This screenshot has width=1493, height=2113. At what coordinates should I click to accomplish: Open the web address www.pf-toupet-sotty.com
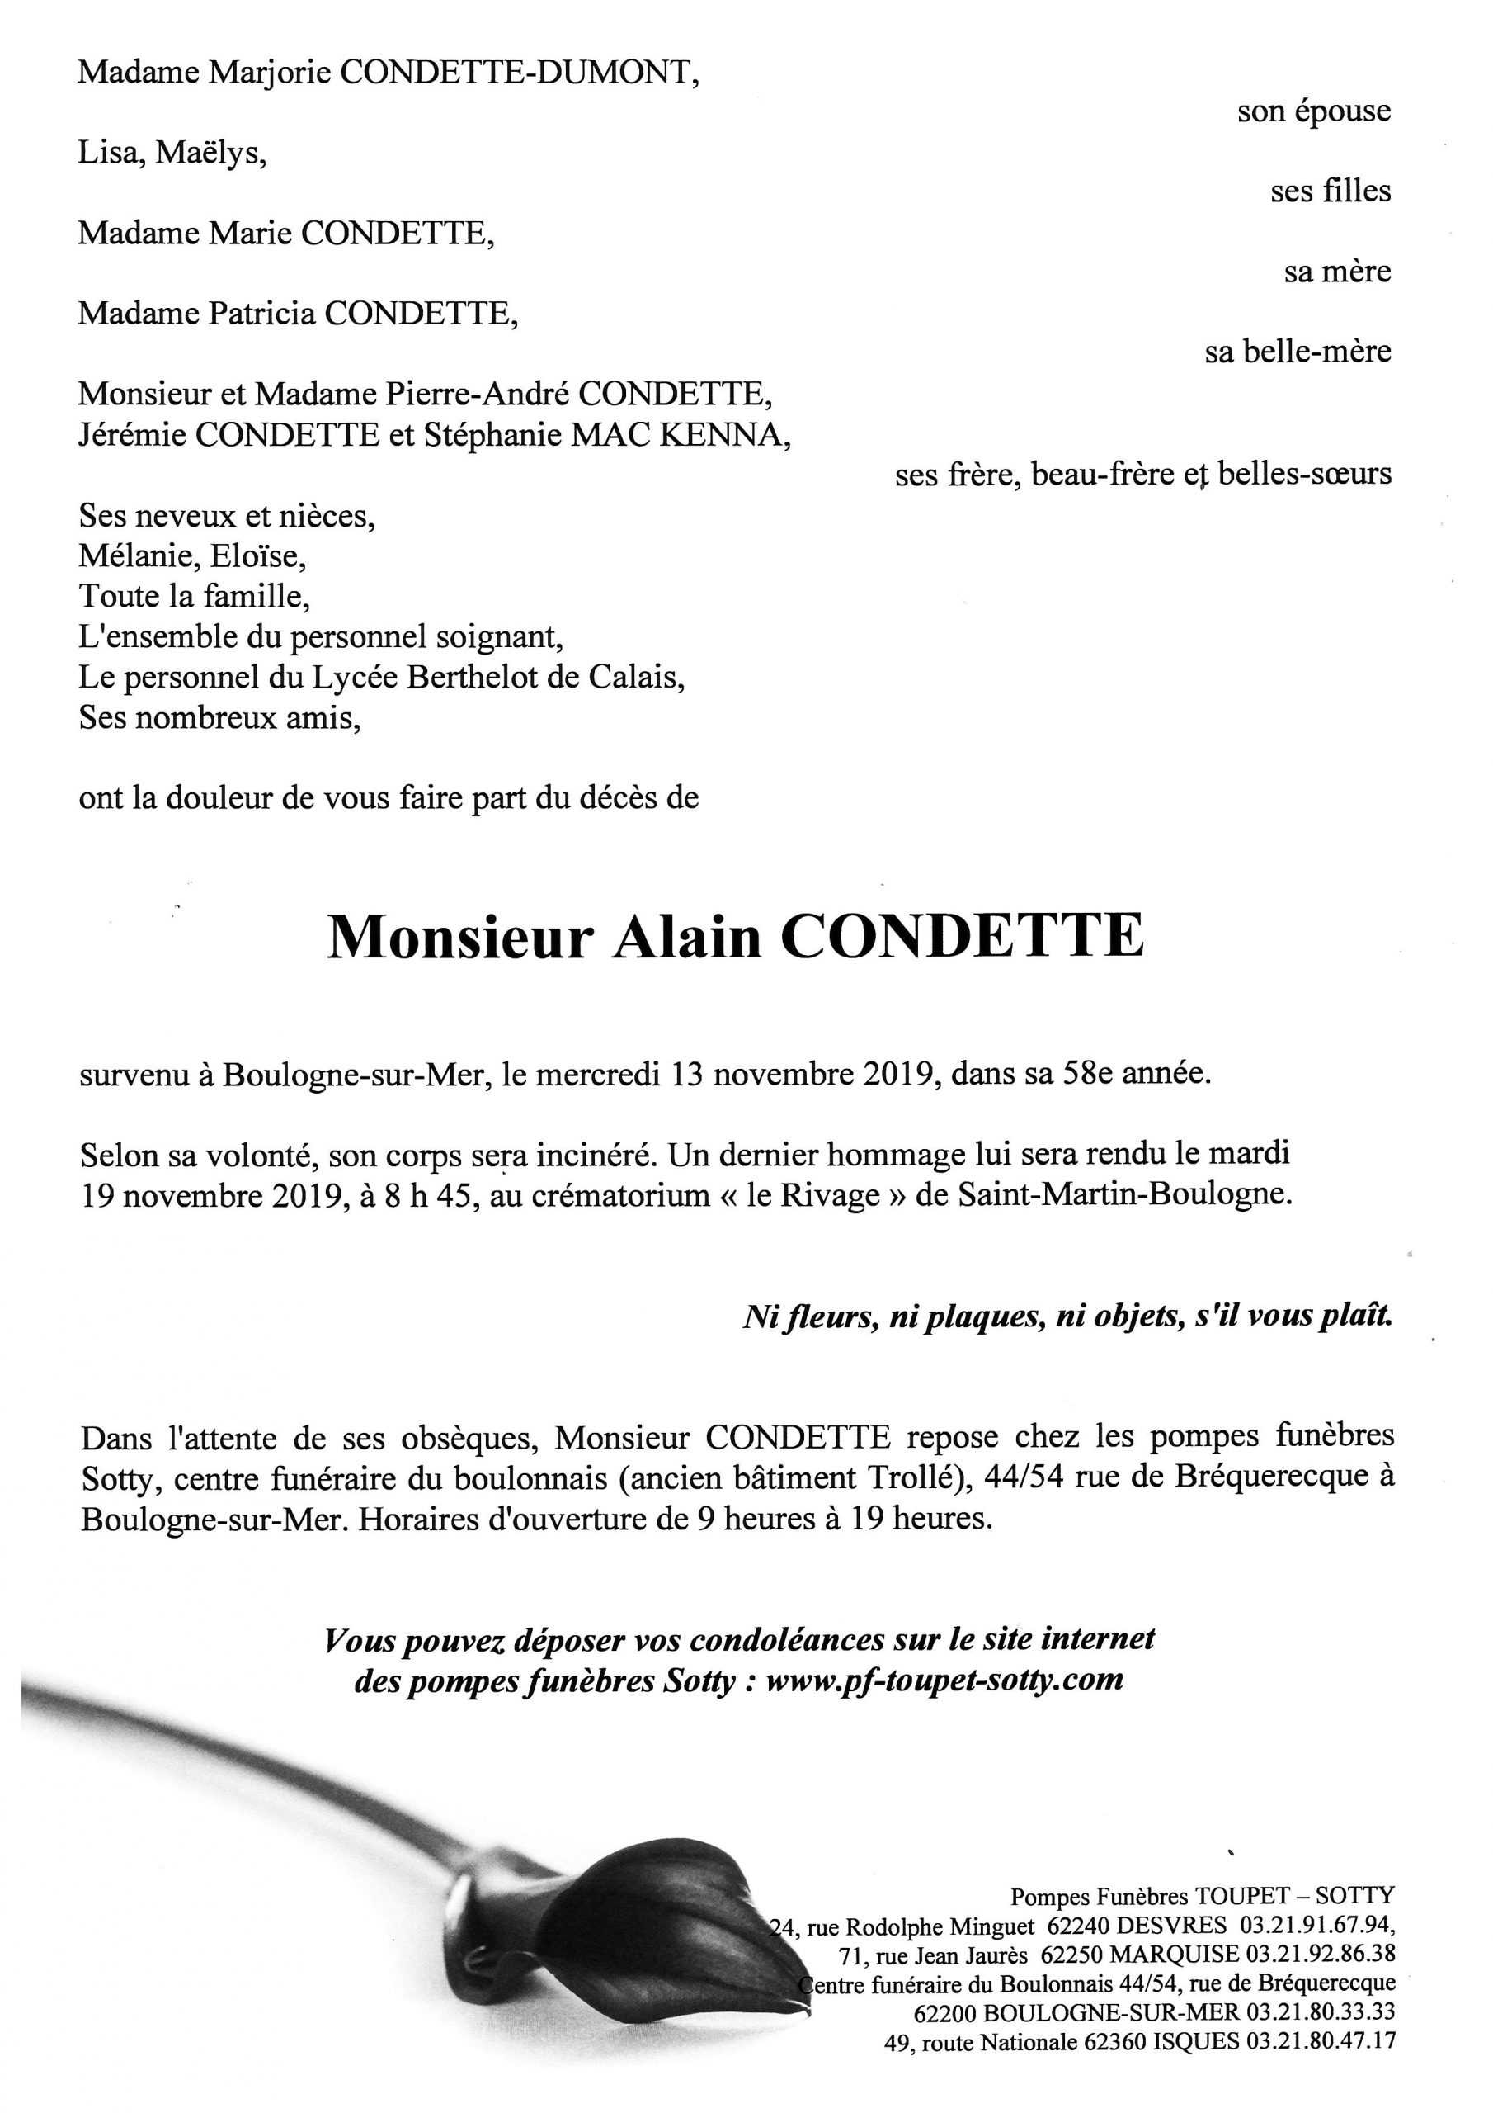pyautogui.click(x=944, y=1680)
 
